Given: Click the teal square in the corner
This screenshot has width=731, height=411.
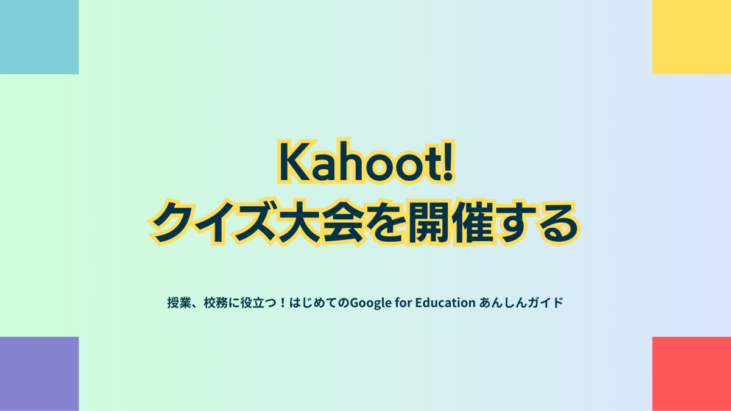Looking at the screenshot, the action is coord(39,37).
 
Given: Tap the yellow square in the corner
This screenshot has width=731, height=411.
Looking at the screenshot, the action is coord(691,37).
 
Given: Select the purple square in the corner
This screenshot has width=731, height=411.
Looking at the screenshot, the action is coord(39,374).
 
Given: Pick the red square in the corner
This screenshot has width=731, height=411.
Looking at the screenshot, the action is coord(691,374).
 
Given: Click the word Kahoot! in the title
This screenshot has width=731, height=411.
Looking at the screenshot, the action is coord(366,161).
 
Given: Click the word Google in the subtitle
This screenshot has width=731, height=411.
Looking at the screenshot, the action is coord(370,303).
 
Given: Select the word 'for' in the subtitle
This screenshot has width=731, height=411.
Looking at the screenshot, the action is coord(403,303).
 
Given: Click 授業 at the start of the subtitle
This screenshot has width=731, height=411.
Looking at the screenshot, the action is coord(179,303).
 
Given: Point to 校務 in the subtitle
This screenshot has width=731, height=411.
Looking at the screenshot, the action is coord(216,303).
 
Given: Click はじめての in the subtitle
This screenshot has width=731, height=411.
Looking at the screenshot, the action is coord(319,303).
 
